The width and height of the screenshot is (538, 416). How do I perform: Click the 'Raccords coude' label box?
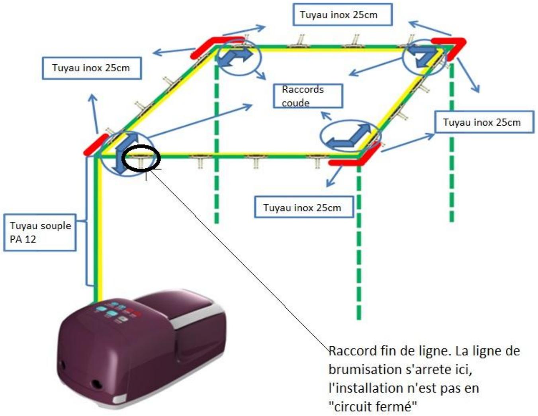pos(308,96)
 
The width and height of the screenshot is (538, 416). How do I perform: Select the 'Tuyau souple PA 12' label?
pos(40,232)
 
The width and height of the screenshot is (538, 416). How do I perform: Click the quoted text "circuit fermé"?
pos(373,406)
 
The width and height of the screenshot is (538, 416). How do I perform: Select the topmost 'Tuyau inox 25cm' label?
pos(342,14)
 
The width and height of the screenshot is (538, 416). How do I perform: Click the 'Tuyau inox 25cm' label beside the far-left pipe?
pos(92,68)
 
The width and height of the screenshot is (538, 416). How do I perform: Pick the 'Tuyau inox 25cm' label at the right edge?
pos(484,122)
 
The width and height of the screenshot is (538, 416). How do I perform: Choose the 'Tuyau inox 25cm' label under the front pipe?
pos(304,207)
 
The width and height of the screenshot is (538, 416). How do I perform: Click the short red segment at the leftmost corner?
pos(96,145)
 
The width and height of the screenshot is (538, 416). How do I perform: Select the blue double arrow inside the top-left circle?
pos(234,57)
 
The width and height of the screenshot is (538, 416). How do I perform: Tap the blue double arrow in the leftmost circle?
pos(125,152)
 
